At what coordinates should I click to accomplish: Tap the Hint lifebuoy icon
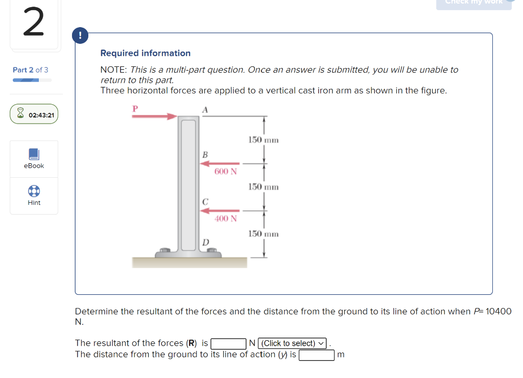(34, 191)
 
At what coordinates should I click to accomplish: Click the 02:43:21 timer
(34, 115)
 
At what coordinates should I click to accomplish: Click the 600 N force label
(225, 172)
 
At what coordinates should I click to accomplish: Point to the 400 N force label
(225, 219)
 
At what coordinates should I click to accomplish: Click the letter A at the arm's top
(205, 109)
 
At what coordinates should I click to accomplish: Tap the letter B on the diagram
(204, 154)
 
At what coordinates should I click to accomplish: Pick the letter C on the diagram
(204, 202)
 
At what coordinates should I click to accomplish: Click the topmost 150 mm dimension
(264, 140)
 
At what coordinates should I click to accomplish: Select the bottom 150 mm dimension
(264, 234)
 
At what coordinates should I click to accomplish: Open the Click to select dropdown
(293, 343)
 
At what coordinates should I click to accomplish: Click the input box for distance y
(316, 355)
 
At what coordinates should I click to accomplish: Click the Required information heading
(146, 53)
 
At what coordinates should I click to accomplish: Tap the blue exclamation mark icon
(80, 36)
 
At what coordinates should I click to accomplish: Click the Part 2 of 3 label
(31, 70)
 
